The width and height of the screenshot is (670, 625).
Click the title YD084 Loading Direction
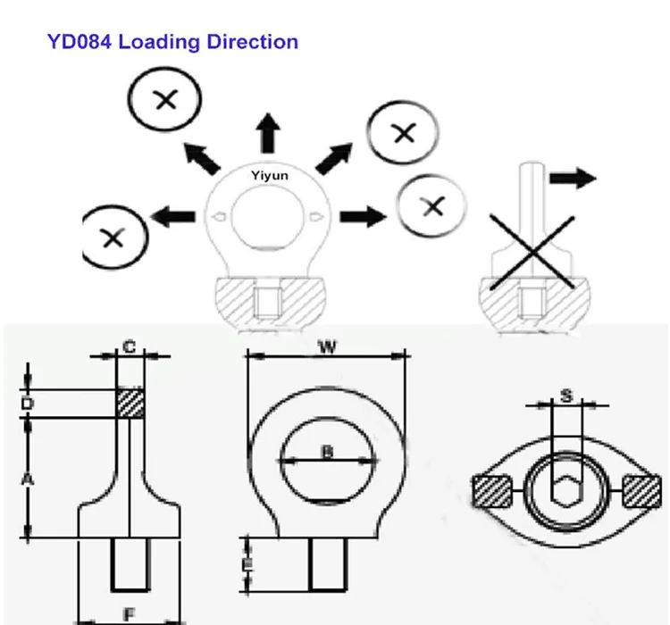pyautogui.click(x=172, y=41)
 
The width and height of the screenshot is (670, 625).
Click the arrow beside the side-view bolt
pyautogui.click(x=572, y=178)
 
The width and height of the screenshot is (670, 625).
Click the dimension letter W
pyautogui.click(x=328, y=347)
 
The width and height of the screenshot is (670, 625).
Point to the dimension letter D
pyautogui.click(x=28, y=404)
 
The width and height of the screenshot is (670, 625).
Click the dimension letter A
pyautogui.click(x=28, y=480)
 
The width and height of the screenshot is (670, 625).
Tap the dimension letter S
pyautogui.click(x=565, y=394)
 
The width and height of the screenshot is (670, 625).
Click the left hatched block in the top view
pyautogui.click(x=492, y=491)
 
